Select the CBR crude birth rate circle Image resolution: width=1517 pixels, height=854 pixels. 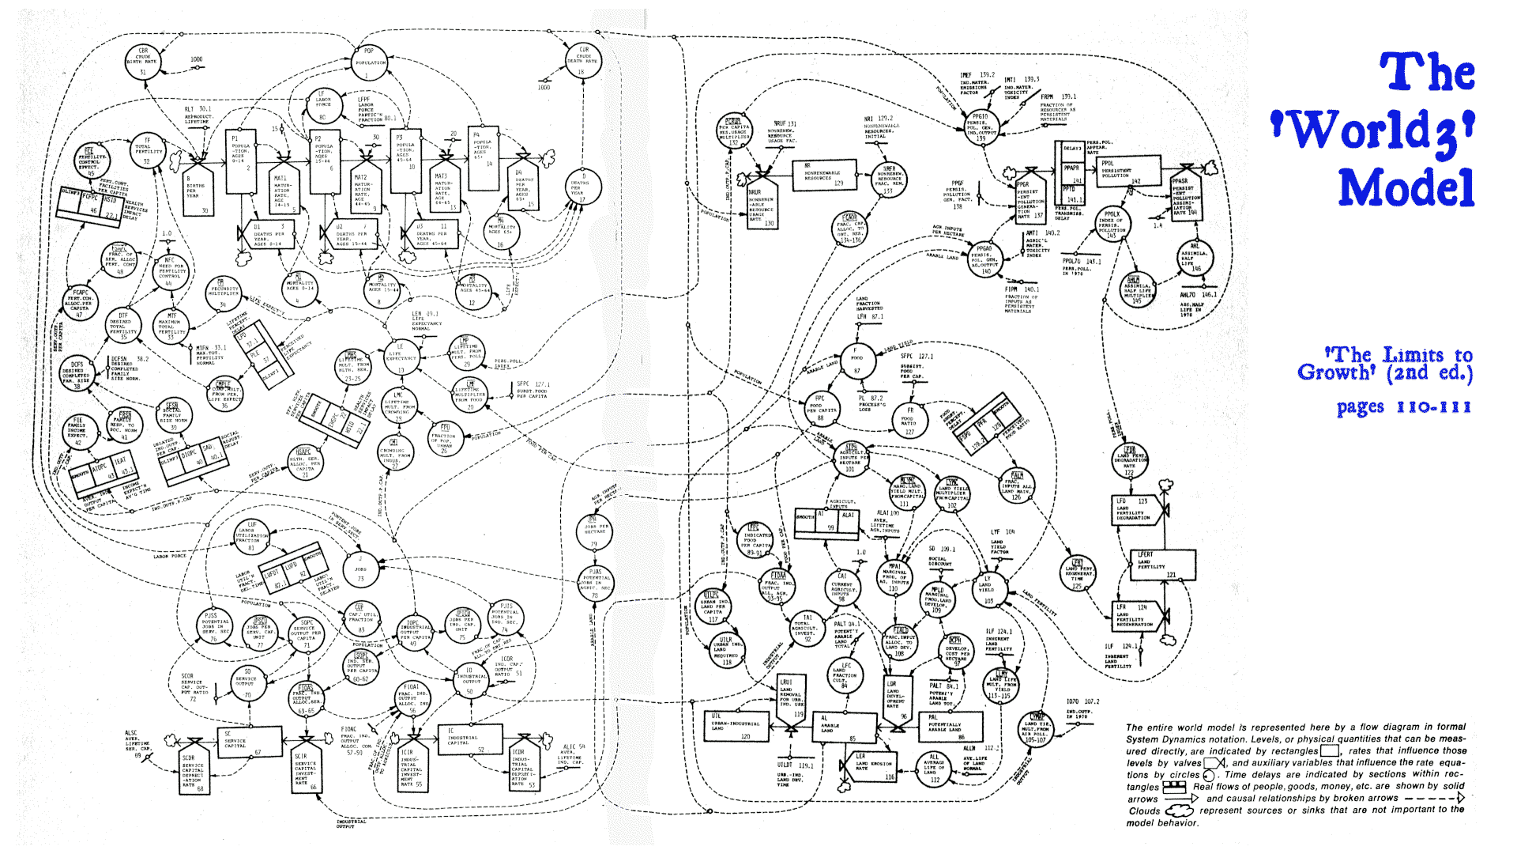pos(143,61)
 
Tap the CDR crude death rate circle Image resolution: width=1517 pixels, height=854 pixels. pos(584,60)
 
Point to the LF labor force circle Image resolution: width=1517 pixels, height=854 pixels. pos(322,106)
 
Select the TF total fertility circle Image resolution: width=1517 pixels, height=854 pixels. pos(147,150)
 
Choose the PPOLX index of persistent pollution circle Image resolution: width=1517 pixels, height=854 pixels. pos(1112,225)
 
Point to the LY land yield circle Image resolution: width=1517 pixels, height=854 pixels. pos(987,589)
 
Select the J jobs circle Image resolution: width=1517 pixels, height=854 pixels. pos(361,568)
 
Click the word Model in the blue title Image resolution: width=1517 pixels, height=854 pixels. pos(1406,188)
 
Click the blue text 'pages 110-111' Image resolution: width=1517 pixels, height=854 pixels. pos(1403,408)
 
